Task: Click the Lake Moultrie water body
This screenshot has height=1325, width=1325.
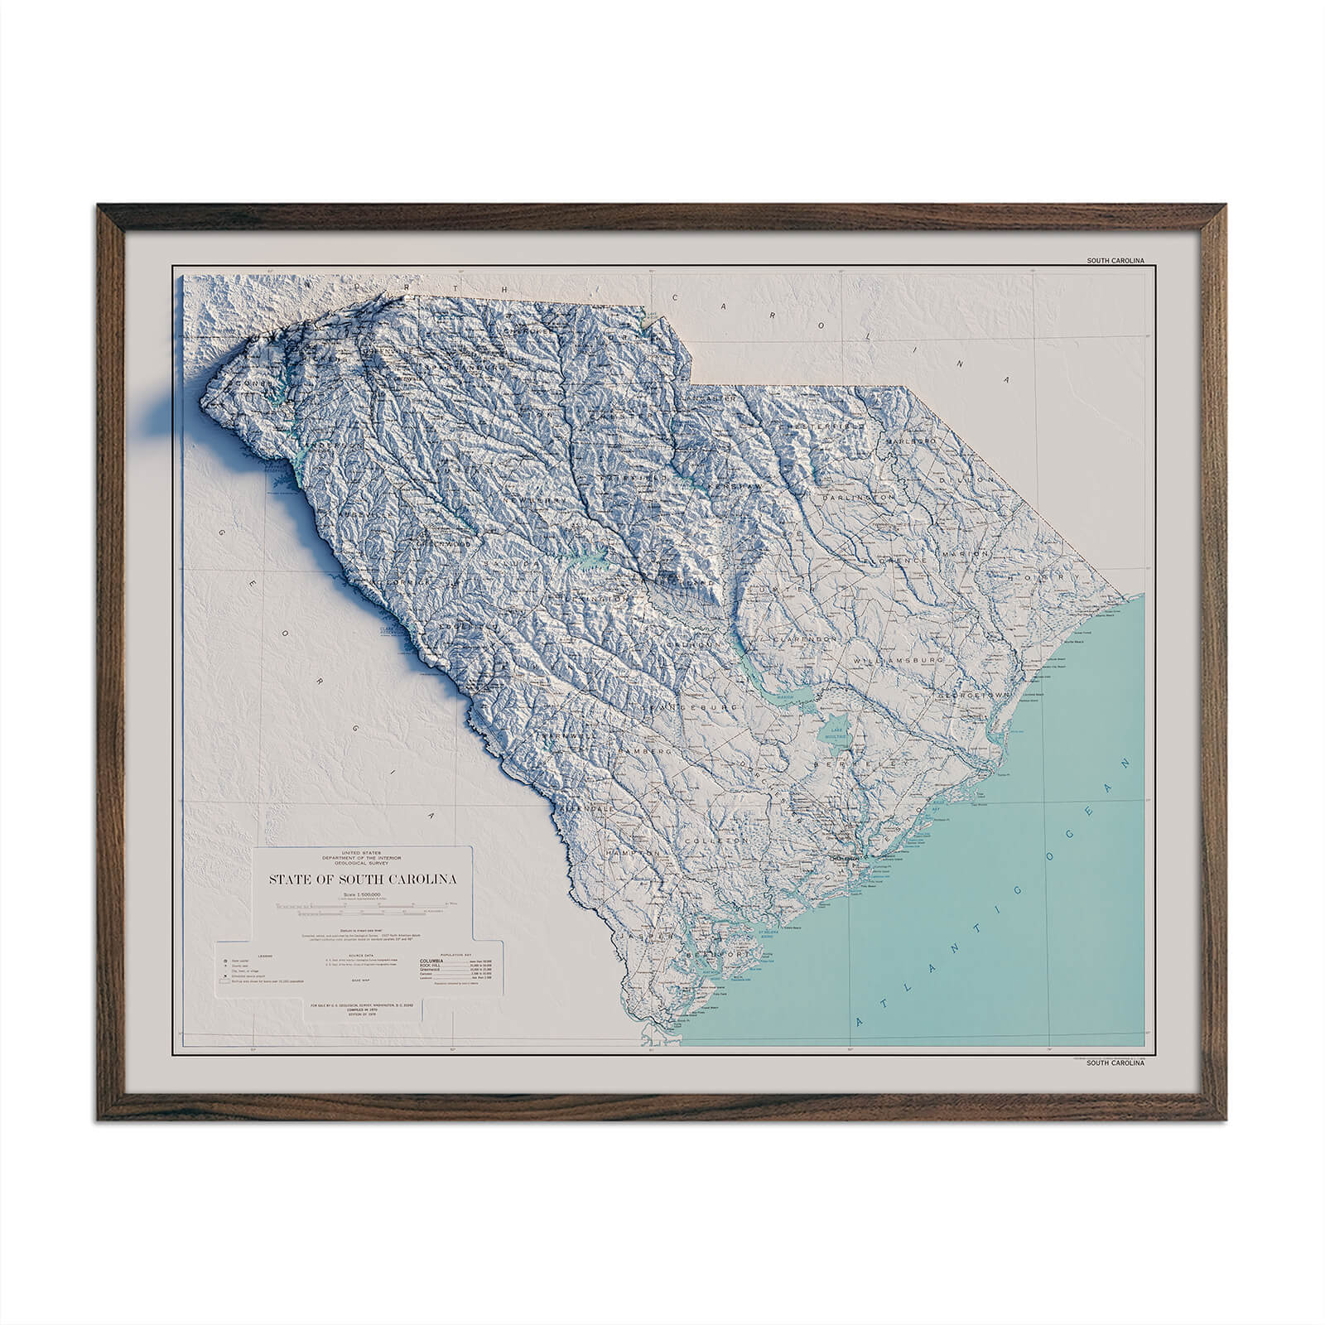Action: pyautogui.click(x=833, y=731)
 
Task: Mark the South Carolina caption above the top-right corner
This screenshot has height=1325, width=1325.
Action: pyautogui.click(x=1115, y=261)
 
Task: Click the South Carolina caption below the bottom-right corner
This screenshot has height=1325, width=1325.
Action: pyautogui.click(x=1115, y=1062)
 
